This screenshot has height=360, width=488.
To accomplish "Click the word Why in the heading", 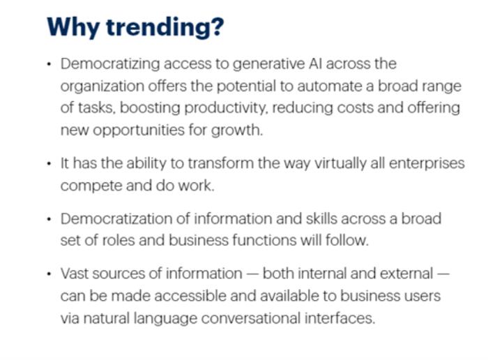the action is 73,28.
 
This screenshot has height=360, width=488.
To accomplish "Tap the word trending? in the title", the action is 165,28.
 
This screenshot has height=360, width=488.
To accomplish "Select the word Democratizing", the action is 110,64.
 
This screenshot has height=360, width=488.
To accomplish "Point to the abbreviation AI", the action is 315,63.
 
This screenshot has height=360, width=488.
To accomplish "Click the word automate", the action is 331,87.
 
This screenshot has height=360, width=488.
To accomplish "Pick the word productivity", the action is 226,108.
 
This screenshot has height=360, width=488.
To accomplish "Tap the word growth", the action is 237,130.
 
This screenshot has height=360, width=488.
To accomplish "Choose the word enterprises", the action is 427,164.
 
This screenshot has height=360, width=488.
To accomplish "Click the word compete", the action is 91,186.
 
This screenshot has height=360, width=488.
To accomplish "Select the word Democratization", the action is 116,218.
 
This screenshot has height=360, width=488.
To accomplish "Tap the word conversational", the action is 250,319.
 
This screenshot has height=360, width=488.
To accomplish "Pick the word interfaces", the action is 340,319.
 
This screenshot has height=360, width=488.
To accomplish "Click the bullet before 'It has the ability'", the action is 49,163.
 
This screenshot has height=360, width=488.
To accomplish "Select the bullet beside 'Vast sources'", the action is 49,274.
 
